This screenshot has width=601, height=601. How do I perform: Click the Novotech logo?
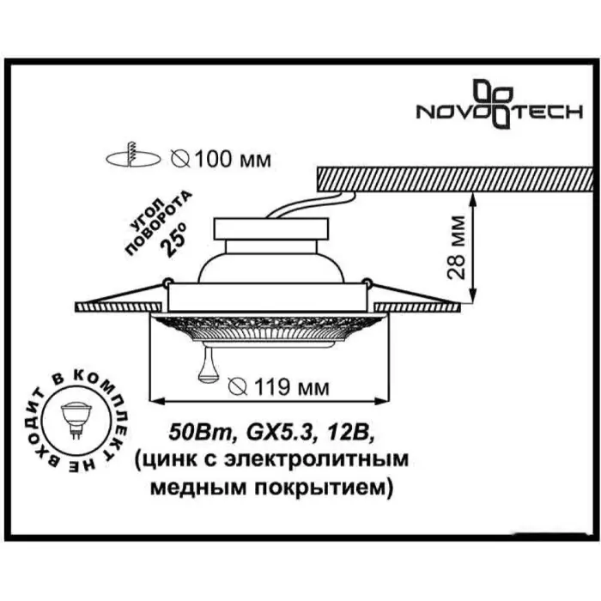pos(500,104)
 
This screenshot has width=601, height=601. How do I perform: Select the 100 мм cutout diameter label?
pos(222,159)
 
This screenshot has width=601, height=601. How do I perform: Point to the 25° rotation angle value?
pos(174,239)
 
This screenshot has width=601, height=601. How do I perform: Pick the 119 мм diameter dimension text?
pos(279,387)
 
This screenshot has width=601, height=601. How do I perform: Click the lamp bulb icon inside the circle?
pos(76,420)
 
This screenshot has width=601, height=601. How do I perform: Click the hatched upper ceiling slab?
pos(455,179)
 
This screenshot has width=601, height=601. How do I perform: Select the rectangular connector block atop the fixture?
pos(271,229)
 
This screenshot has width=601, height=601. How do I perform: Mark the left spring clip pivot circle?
pos(167,282)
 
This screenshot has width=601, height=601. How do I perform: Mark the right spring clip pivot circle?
pos(367,282)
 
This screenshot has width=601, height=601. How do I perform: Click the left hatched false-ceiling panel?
pos(118,307)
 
